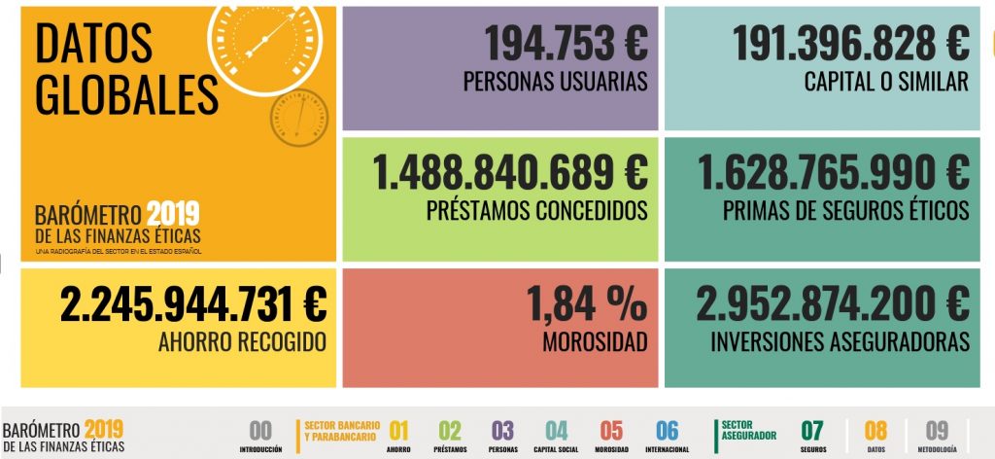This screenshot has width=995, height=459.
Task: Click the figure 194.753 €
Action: pos(566,43)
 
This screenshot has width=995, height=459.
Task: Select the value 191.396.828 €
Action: pos(850,43)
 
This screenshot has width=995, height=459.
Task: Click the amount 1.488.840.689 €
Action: pos(511,172)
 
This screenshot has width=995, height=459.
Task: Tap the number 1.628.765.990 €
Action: pos(833,172)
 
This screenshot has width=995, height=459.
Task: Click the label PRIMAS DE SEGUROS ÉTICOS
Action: pos(845,210)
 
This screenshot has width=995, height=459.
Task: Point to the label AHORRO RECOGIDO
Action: pos(241,342)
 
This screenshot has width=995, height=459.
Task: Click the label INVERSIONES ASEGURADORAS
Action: pos(840,342)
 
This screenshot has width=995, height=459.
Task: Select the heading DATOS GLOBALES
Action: pos(126,68)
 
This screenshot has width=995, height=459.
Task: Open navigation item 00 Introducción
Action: pos(260,437)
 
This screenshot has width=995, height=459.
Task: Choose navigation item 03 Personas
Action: pos(502,437)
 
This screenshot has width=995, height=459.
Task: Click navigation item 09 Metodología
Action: pos(937,437)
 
